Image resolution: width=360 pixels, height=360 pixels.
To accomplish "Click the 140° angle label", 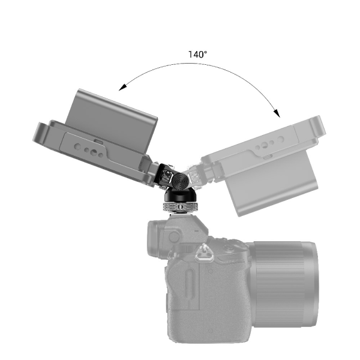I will point(197,54).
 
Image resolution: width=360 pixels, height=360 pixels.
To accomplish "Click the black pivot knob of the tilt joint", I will point(178,179).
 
